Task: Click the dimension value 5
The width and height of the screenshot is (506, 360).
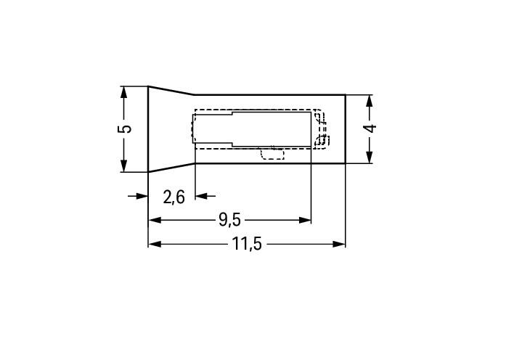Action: (125, 128)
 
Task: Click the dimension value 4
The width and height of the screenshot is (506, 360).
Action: (370, 128)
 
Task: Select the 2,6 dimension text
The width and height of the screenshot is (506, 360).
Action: (174, 197)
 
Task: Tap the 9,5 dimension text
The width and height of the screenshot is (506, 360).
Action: (229, 221)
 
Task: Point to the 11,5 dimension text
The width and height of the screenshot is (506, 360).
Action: (247, 244)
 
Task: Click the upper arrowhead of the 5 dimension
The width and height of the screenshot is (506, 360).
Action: (123, 92)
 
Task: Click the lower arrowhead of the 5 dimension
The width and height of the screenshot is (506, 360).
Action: (123, 166)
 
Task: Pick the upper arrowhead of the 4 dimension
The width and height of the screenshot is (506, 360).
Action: (370, 101)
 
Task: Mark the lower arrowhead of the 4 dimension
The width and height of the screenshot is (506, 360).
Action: (370, 157)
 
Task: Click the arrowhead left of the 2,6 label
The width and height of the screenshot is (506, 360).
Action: (142, 196)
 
